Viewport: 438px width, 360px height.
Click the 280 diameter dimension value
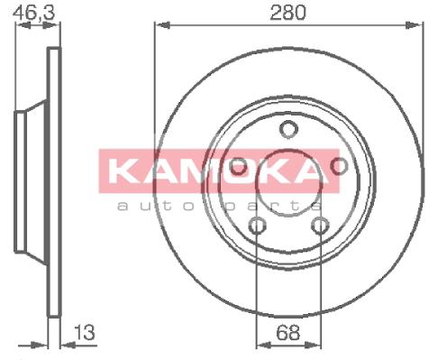[x=287, y=13]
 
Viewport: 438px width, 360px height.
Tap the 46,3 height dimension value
[x=34, y=13]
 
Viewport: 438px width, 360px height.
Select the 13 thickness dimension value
[x=85, y=332]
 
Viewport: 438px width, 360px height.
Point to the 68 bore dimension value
[x=287, y=332]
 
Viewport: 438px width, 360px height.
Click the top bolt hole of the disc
[x=288, y=129]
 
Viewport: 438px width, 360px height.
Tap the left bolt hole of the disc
[x=238, y=166]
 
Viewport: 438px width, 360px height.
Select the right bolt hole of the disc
[x=339, y=166]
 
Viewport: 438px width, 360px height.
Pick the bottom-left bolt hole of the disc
[x=257, y=226]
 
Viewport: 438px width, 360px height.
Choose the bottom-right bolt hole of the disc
[x=320, y=226]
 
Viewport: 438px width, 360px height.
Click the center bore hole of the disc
[x=288, y=182]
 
